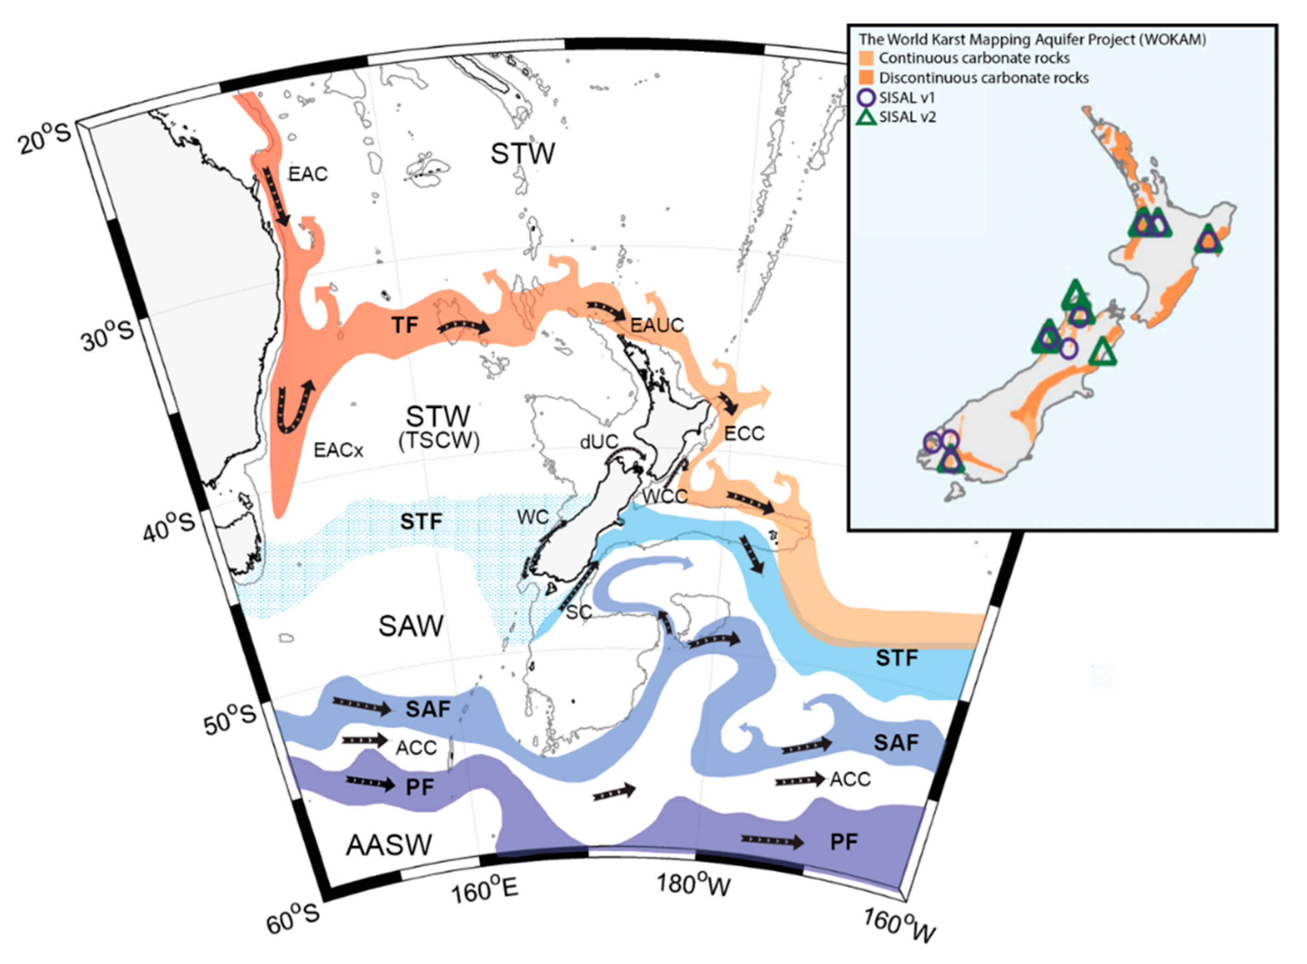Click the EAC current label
pos(308,174)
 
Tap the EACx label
pos(338,450)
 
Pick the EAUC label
pos(657,325)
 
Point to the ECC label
pos(744,434)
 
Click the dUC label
pos(599,442)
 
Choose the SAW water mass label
pos(411,626)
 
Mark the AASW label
pos(389,844)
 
